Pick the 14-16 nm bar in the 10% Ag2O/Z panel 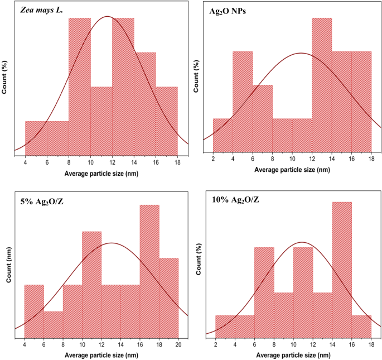point(342,268)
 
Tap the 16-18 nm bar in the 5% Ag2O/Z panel point(149,271)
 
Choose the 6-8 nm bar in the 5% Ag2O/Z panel point(53,324)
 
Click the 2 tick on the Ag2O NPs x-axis point(213,159)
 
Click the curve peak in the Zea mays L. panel point(107,16)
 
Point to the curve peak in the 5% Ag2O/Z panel point(112,243)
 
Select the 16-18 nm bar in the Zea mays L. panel point(167,119)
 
